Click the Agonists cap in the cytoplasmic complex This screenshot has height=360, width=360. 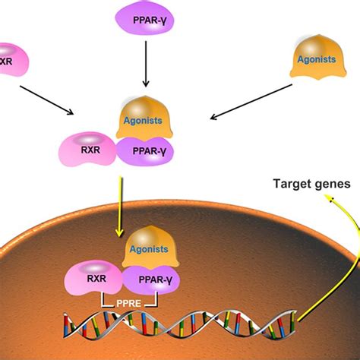point(141,118)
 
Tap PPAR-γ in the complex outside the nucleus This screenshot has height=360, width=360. point(144,151)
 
